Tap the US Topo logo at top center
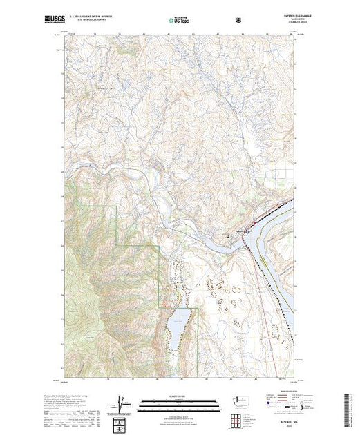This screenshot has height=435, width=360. pos(178,20)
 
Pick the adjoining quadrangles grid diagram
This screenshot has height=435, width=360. pos(239,419)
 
